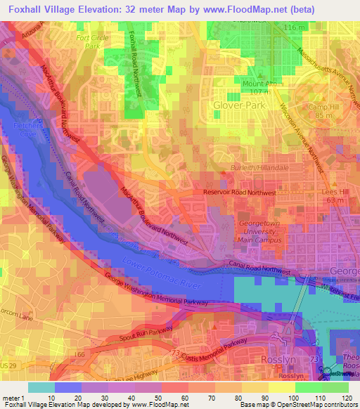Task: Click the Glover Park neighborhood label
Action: click(237, 105)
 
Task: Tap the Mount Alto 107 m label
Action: click(257, 88)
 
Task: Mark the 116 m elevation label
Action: click(295, 27)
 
